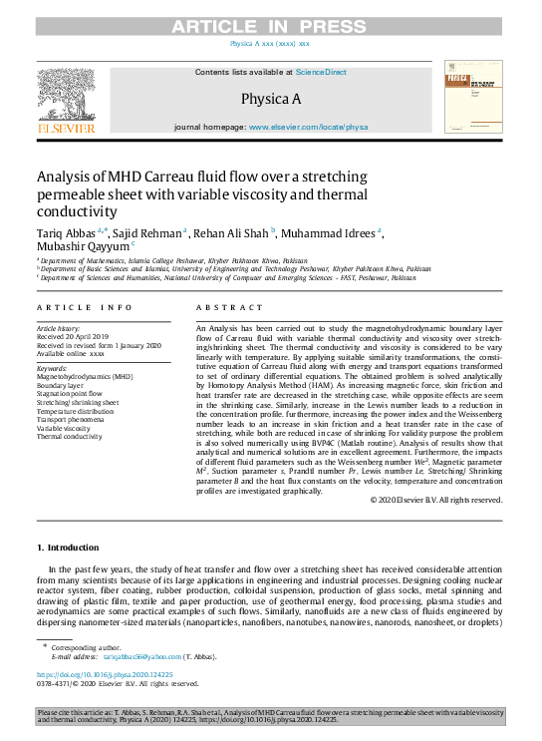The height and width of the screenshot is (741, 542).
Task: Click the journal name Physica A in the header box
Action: click(270, 99)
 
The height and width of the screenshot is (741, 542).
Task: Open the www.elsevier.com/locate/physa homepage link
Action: click(308, 128)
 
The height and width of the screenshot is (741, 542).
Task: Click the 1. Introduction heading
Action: click(68, 548)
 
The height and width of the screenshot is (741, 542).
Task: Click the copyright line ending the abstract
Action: click(435, 499)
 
